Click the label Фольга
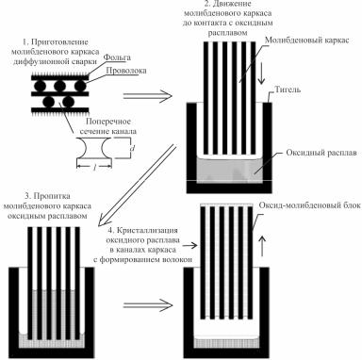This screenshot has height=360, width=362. (117, 57)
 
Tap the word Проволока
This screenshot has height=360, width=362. (126, 71)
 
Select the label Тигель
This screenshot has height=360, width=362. (288, 90)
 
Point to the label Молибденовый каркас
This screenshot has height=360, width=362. (307, 41)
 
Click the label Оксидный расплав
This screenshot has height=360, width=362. (321, 153)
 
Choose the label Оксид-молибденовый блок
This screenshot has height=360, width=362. (310, 205)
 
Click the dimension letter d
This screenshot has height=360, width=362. (133, 149)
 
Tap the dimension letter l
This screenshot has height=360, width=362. (94, 169)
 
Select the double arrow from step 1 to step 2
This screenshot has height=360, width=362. (147, 96)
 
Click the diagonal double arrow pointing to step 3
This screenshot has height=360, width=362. (136, 186)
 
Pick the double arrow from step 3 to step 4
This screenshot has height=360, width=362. (148, 305)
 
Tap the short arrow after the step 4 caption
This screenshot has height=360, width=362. (190, 245)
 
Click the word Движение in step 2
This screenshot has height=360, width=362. (227, 5)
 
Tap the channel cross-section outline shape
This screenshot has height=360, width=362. (94, 157)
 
